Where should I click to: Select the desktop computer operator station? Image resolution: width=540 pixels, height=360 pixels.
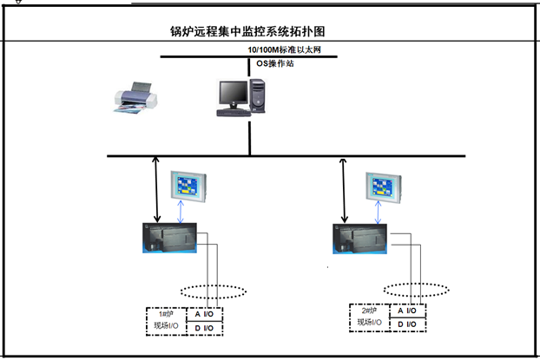238,96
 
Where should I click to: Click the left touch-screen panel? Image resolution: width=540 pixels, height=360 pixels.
189,186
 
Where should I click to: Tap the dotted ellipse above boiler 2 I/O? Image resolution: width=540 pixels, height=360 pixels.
416,290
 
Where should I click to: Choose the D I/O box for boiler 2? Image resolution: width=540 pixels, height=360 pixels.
406,324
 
